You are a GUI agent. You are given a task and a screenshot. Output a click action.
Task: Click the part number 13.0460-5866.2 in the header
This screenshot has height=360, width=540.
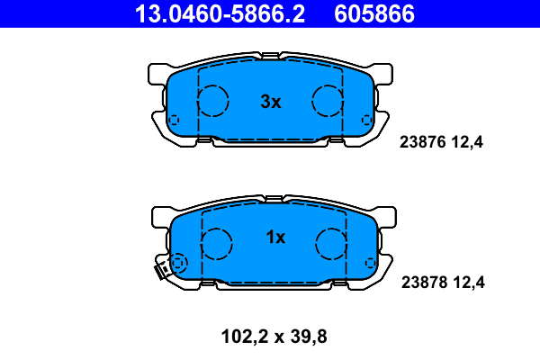220,13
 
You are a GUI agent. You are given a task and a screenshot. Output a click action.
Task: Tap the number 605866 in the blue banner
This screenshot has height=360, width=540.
374,13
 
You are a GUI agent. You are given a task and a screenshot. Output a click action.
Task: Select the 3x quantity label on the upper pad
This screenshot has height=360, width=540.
271,102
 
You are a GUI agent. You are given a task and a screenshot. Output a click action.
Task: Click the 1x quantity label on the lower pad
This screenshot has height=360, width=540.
275,237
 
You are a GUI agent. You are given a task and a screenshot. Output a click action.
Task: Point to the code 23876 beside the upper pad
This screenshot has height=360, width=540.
423,142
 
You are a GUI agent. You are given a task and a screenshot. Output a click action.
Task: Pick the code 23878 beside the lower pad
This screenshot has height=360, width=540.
425,283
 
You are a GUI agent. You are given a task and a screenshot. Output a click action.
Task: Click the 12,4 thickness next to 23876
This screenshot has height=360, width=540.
467,142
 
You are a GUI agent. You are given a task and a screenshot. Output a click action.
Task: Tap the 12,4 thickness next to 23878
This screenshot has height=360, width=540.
469,283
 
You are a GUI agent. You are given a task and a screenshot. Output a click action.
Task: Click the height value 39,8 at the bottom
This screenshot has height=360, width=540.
309,337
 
